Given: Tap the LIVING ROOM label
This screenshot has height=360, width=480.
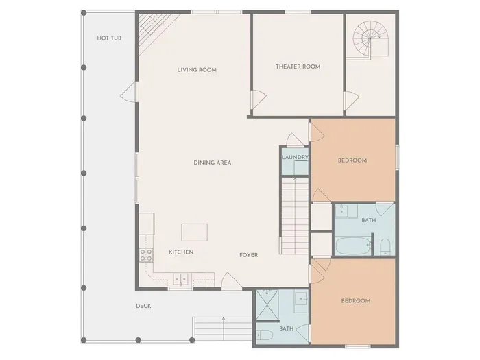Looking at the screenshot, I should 197,69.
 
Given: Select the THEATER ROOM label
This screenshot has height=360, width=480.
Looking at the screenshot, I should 298,67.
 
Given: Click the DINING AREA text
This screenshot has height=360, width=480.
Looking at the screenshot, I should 212,163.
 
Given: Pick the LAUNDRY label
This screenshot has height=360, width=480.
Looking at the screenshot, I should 295,158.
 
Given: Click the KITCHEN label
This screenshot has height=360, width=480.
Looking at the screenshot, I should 181,252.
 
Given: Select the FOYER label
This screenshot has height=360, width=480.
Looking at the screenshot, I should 248,255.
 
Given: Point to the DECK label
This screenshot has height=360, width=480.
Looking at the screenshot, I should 143,306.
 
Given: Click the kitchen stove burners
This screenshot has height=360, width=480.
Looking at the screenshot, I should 146,255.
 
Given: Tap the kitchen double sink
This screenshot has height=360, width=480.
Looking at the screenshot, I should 182,278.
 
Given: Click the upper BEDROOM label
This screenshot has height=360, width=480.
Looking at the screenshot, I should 352,160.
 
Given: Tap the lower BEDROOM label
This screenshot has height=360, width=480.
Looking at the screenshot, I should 356,301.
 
